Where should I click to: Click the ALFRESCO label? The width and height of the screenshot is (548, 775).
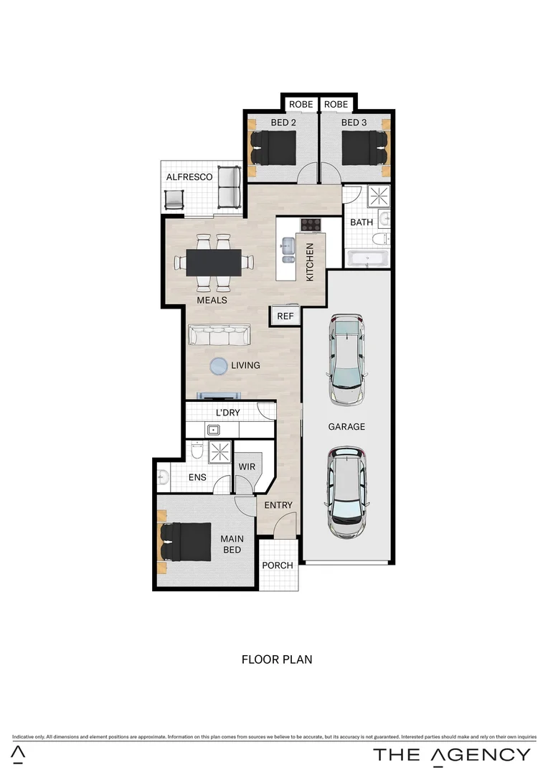[x=189, y=177]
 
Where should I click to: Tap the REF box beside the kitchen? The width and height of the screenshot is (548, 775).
[x=285, y=316]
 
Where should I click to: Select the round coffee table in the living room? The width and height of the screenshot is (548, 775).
[x=219, y=367]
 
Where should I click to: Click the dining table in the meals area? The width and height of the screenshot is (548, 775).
[x=213, y=262]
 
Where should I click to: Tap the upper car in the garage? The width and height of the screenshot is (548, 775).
[x=346, y=359]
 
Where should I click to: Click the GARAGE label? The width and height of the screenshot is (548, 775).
[x=346, y=426]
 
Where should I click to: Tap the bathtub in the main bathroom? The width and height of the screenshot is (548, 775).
[x=367, y=258]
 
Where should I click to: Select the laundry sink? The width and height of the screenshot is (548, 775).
[x=213, y=431]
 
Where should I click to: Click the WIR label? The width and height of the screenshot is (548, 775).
[x=247, y=466]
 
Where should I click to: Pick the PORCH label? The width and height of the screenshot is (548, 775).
[x=277, y=565]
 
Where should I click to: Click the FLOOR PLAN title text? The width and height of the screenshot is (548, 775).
[x=276, y=659]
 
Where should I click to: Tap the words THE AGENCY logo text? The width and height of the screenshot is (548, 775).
[x=451, y=754]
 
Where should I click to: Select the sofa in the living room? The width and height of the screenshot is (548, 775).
[x=219, y=335]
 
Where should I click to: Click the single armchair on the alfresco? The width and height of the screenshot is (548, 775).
[x=175, y=199]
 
